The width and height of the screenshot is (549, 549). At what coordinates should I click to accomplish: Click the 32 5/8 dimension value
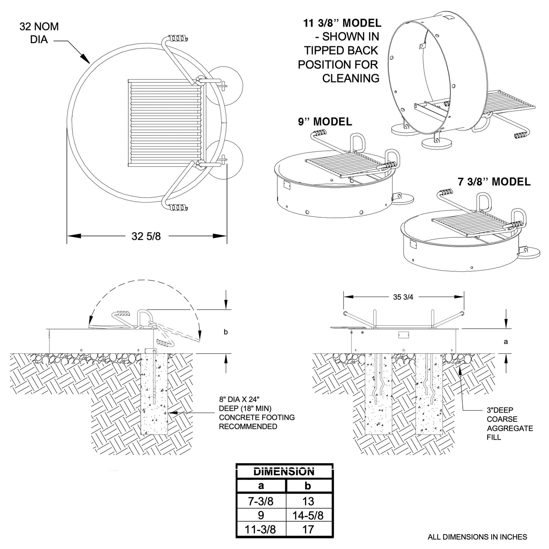point(146,236)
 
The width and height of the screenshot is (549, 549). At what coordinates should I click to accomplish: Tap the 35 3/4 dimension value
point(403,297)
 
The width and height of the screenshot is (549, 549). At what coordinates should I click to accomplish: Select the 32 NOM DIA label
point(39,33)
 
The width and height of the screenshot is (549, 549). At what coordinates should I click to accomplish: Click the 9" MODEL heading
point(325,122)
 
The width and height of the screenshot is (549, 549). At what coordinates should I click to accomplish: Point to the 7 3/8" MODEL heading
point(494,182)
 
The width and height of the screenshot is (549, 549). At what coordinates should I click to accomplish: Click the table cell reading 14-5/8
point(308,515)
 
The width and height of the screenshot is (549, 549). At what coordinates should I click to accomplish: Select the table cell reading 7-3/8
point(261,501)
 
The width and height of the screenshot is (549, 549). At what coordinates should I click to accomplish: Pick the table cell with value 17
point(308,529)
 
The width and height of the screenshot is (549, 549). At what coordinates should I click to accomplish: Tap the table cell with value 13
point(308,501)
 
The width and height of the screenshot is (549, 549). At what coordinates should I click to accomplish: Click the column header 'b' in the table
point(308,486)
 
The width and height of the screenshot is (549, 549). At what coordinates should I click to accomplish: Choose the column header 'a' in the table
point(261,486)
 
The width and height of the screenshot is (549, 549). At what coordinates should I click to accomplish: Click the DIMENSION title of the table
point(284,471)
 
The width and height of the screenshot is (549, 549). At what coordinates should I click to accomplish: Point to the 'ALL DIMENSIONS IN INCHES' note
point(477,537)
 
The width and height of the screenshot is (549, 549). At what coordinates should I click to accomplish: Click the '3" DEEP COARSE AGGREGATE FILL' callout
point(509,424)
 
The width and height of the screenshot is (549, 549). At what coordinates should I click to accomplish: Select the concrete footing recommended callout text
point(256,413)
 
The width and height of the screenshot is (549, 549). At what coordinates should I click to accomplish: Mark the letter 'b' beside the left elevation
point(226,332)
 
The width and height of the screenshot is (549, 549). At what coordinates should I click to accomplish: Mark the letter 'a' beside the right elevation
point(506,342)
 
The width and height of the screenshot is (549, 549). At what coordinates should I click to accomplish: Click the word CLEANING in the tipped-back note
point(351,78)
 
